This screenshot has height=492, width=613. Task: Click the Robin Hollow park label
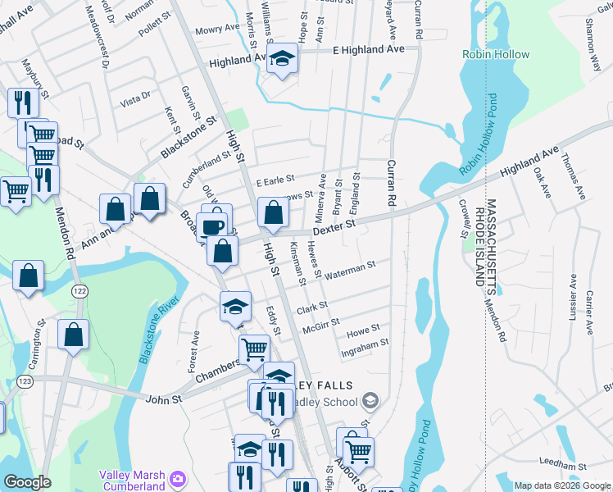tap(496, 55)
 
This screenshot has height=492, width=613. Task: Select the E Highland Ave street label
tap(369, 50)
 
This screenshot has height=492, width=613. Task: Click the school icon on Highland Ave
tap(283, 58)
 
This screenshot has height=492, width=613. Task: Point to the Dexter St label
tap(337, 223)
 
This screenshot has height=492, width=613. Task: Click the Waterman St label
tap(350, 267)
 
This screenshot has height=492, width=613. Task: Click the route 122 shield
tap(79, 291)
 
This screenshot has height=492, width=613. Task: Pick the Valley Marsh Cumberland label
tap(132, 480)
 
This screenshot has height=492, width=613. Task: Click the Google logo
tap(27, 482)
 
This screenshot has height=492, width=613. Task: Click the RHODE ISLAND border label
tap(479, 241)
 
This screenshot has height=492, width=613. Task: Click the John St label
tap(161, 399)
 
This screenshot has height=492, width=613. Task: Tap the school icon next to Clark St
tap(235, 307)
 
